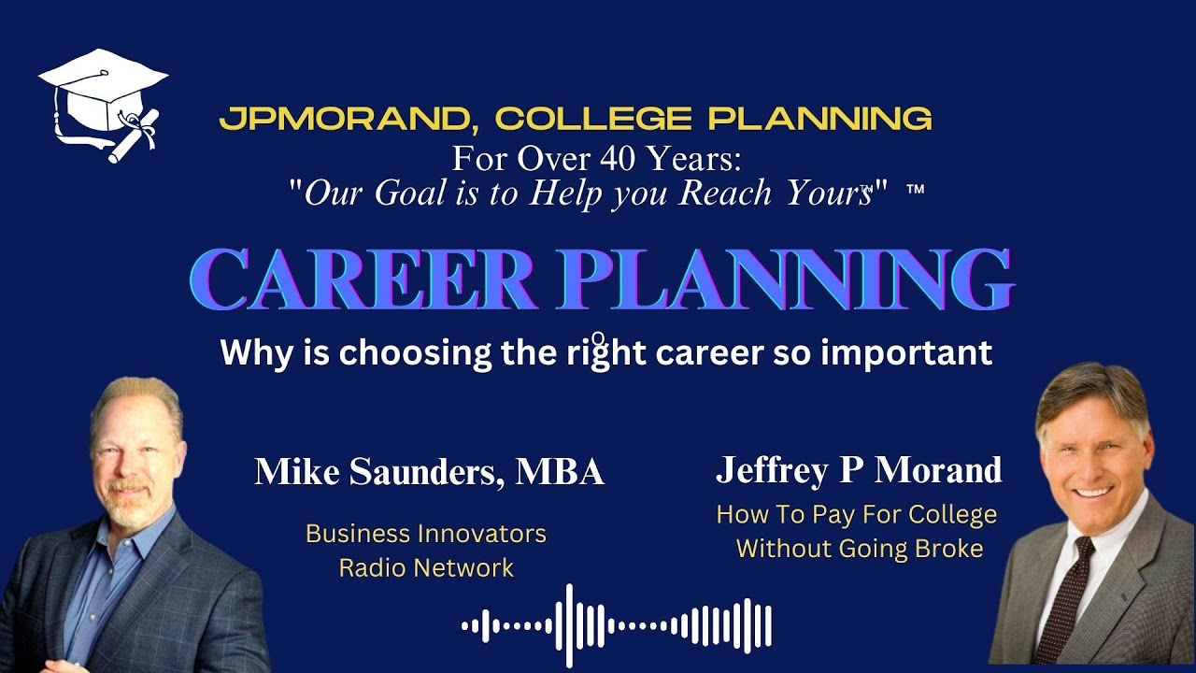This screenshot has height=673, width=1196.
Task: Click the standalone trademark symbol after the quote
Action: tap(915, 190)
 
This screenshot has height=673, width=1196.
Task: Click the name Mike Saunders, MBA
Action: tap(430, 472)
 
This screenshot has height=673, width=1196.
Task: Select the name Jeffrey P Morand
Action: tap(859, 470)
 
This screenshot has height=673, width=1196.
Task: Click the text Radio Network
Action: tap(426, 567)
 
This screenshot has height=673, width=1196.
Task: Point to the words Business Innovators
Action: tap(426, 534)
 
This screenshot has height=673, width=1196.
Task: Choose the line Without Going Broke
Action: tap(859, 548)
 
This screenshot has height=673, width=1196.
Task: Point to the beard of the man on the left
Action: tap(131, 509)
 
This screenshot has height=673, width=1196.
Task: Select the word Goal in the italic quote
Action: tap(413, 193)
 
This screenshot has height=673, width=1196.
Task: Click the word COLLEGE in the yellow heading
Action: tap(593, 119)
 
